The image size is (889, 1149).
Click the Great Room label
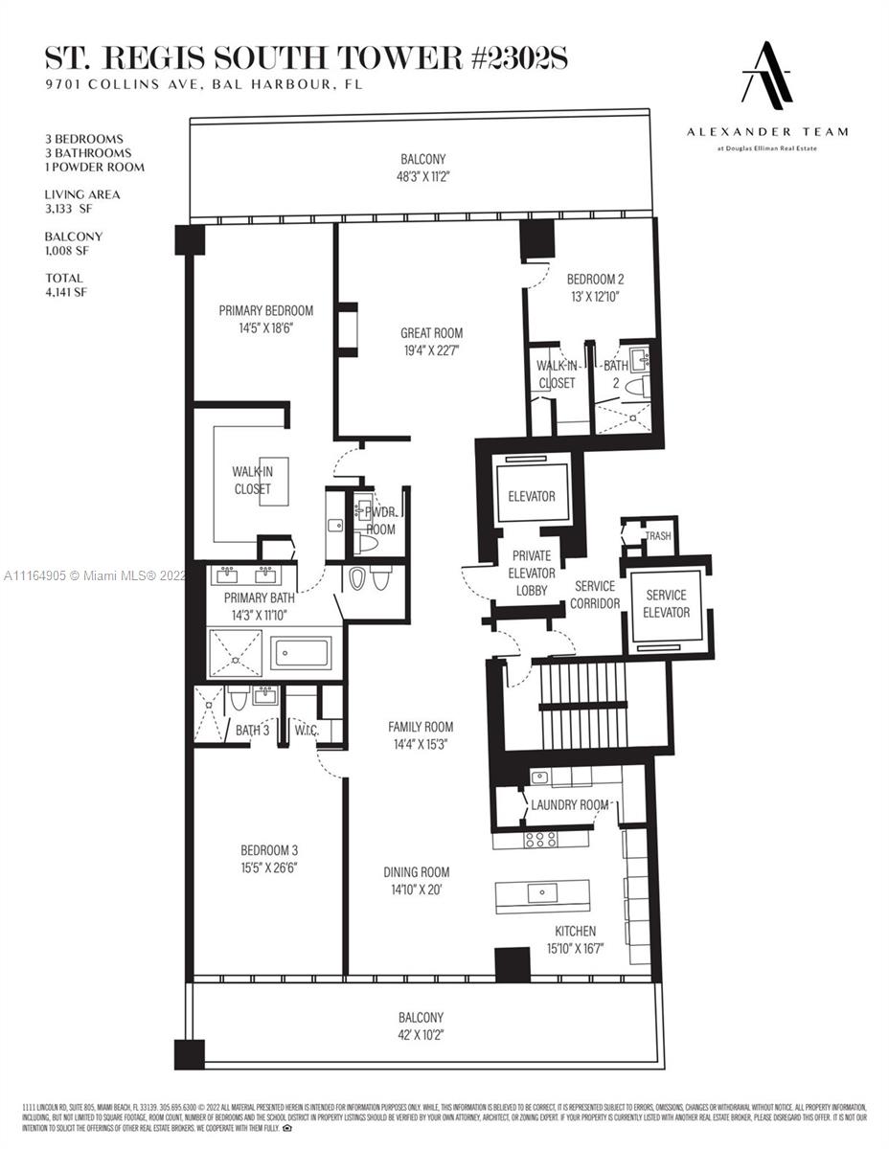(x=431, y=333)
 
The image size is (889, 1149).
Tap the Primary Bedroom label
(x=265, y=310)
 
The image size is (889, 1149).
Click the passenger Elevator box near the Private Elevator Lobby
(x=532, y=495)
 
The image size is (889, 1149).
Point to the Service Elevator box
(x=666, y=604)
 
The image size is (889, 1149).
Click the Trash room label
(x=657, y=536)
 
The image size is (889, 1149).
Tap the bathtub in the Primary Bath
(x=301, y=654)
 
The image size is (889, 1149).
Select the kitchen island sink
(x=542, y=893)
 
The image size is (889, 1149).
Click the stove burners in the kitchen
(x=541, y=839)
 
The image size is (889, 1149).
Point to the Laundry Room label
(x=569, y=804)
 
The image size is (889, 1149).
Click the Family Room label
(x=421, y=727)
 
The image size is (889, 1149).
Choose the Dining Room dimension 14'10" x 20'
(x=416, y=888)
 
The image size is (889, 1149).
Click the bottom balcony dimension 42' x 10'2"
(x=421, y=1033)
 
